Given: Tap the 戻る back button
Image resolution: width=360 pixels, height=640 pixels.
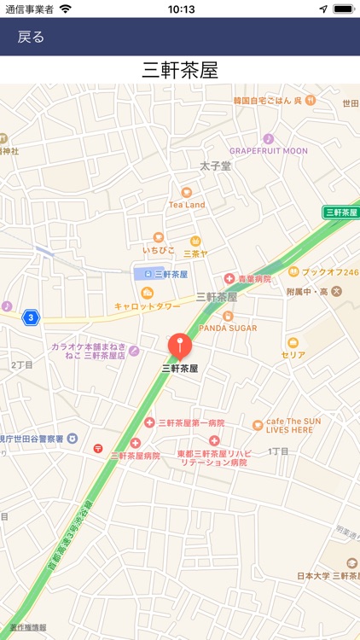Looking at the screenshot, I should pos(31,38).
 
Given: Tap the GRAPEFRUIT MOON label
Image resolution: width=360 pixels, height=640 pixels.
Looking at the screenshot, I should pos(268,151).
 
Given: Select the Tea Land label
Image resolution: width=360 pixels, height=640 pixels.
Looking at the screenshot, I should pos(187,205).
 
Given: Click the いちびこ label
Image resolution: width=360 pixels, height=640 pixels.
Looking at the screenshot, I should pos(159,250).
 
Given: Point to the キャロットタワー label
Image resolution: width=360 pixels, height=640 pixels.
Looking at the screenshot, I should pos(148,305).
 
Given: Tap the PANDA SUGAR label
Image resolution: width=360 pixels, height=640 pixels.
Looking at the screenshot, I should pos(228,327).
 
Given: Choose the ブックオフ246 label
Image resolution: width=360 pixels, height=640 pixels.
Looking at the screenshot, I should pos(329,272).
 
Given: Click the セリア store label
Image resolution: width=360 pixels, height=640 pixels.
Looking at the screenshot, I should pos(293,354).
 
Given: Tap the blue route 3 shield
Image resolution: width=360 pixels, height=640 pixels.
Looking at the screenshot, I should pos(31,317).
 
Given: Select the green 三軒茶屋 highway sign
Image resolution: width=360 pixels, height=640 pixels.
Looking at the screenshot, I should pos(340,212).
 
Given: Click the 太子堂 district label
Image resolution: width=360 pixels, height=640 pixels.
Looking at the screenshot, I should pos(215,166).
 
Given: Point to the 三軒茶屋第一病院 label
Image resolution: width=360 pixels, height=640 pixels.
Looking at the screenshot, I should pos(191,422).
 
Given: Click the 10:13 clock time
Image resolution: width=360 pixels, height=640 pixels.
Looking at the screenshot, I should pos(181,9).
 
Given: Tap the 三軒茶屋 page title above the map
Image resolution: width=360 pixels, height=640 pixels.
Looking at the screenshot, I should pos(180,70).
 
